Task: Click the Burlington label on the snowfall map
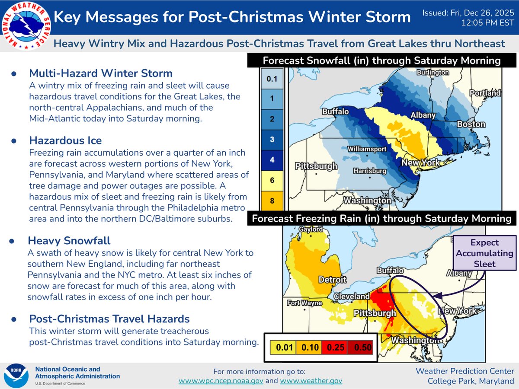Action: click(432, 73)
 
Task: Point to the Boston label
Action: click(471, 124)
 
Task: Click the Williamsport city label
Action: click(365, 149)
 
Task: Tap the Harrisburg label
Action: click(370, 171)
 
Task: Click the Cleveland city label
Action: click(351, 297)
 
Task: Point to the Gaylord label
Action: click(308, 230)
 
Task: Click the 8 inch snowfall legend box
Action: click(272, 201)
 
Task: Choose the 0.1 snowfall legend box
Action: click(272, 79)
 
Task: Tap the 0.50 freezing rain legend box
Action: click(360, 347)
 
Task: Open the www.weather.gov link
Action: click(311, 381)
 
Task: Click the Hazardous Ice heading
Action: click(65, 140)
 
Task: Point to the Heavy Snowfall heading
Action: click(70, 240)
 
